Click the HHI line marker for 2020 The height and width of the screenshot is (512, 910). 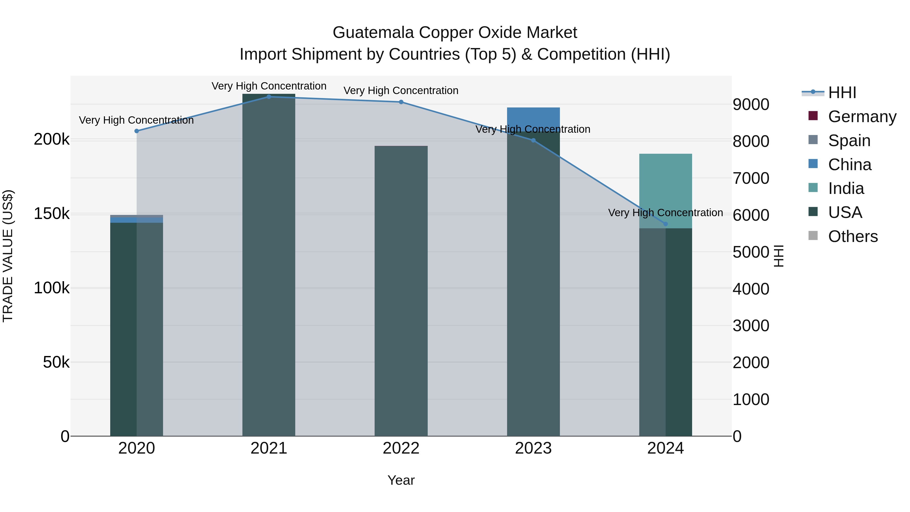click(137, 131)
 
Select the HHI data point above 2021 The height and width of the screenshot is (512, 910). click(269, 97)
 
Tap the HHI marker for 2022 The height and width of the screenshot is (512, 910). click(401, 102)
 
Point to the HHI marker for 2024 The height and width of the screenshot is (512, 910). click(666, 224)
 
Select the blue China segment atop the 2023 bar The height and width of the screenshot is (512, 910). click(533, 118)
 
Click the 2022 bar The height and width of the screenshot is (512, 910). click(401, 290)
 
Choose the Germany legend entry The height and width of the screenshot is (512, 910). click(862, 117)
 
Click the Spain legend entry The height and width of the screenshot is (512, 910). click(849, 141)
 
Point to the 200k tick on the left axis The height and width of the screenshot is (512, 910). click(52, 140)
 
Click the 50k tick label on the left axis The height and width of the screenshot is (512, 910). click(56, 362)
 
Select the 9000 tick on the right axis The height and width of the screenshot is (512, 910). click(751, 105)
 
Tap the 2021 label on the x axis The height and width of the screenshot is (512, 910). click(269, 448)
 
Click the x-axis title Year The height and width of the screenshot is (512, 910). click(401, 480)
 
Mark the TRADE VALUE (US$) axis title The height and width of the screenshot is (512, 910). click(8, 256)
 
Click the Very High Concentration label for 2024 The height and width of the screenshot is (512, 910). click(666, 213)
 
